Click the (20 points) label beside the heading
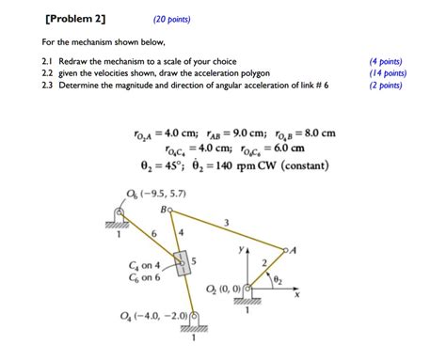coord(174,18)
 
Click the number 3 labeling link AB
coord(225,223)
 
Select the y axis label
coord(242,251)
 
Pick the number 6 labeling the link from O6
coord(152,229)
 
